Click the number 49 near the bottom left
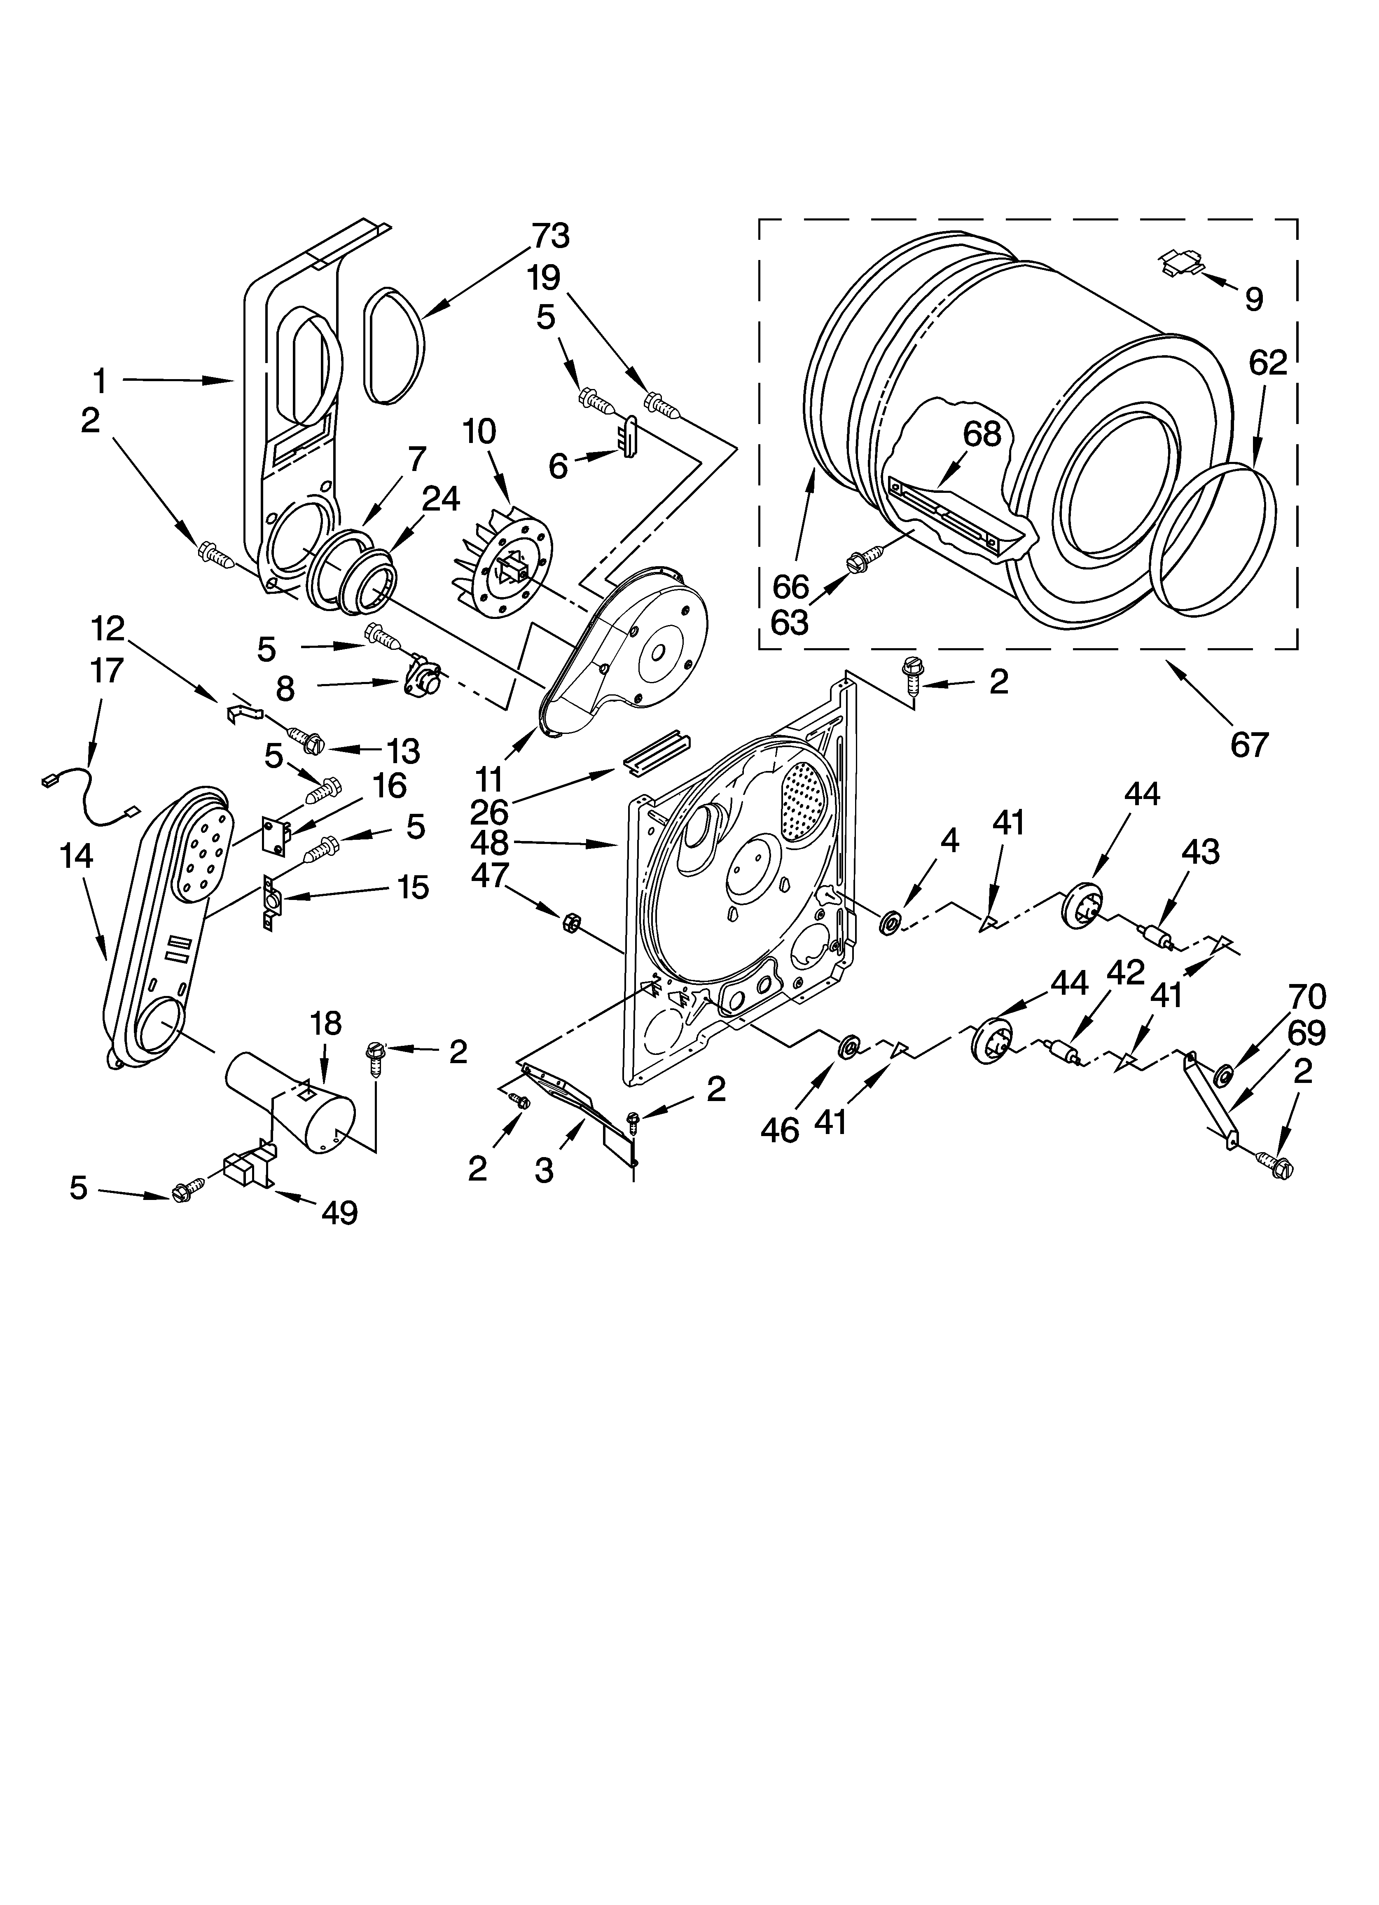[339, 1212]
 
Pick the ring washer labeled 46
[850, 1047]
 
